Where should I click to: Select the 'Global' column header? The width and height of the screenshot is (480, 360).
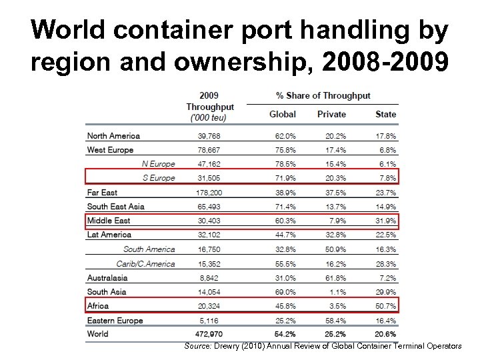click(x=282, y=114)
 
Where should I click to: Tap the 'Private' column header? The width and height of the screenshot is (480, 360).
click(x=331, y=114)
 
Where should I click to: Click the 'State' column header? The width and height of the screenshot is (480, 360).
click(x=385, y=114)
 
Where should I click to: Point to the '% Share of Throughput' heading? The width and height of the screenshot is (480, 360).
click(x=323, y=95)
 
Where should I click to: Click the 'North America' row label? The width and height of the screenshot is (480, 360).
click(x=113, y=136)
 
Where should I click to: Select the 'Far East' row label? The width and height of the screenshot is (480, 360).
click(x=102, y=193)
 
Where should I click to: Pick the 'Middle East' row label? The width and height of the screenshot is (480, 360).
click(x=109, y=221)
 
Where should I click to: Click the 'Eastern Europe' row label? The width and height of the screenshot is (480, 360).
click(x=115, y=320)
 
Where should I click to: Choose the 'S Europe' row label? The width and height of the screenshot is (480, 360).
click(x=159, y=178)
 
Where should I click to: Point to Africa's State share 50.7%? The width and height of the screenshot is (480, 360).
click(x=385, y=306)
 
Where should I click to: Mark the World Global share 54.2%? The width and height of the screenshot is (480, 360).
click(x=284, y=333)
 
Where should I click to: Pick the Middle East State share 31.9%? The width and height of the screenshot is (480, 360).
click(x=385, y=221)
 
